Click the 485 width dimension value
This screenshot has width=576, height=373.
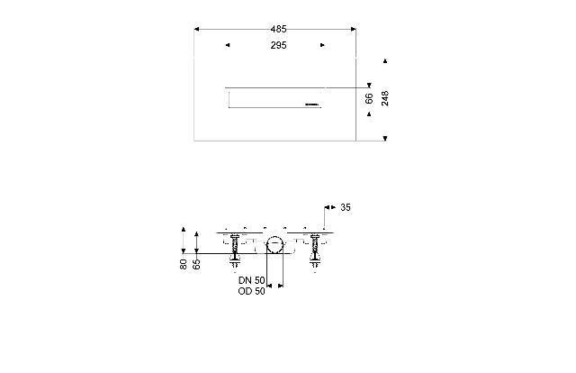[x=278, y=29]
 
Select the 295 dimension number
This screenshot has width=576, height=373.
[x=278, y=45]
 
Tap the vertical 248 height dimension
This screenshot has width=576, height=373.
[x=384, y=98]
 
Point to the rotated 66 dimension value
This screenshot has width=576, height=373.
[x=369, y=98]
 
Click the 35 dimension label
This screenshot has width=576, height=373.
[x=346, y=207]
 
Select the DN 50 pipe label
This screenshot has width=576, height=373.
[x=252, y=280]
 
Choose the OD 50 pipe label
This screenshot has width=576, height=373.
[x=252, y=291]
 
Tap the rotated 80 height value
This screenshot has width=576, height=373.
[x=184, y=264]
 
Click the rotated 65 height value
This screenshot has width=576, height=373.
[x=196, y=264]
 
